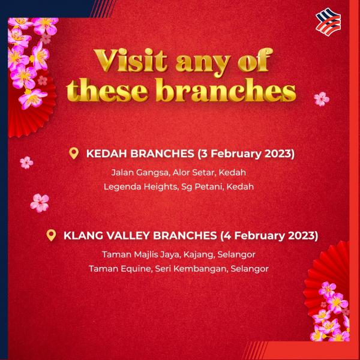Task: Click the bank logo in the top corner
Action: click(x=328, y=22)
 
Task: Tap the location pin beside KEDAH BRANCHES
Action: click(x=74, y=154)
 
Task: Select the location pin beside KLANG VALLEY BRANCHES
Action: click(x=51, y=235)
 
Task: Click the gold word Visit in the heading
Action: click(x=130, y=61)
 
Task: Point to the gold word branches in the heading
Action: click(x=226, y=90)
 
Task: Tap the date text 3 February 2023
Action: click(x=245, y=154)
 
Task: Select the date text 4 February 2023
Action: click(x=269, y=236)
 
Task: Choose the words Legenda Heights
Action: click(x=140, y=187)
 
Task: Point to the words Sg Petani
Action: click(x=202, y=187)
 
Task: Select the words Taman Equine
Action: click(x=120, y=269)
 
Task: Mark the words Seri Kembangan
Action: click(x=190, y=269)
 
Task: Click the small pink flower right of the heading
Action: click(x=322, y=99)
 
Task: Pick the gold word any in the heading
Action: click(x=203, y=63)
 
